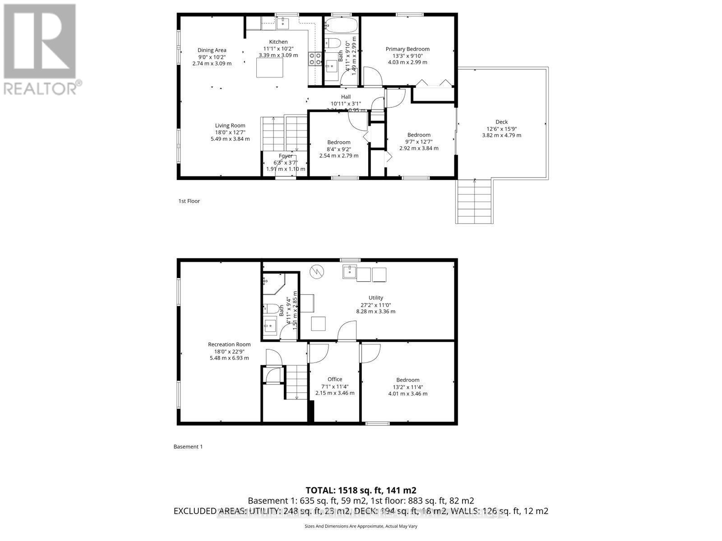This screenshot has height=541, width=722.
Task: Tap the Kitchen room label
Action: pyautogui.click(x=278, y=42)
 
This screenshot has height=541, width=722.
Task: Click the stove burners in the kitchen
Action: pyautogui.click(x=315, y=59)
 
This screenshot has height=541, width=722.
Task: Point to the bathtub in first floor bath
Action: pyautogui.click(x=341, y=27)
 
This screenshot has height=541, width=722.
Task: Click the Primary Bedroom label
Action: pyautogui.click(x=407, y=49)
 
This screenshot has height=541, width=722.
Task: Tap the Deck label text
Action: pyautogui.click(x=501, y=122)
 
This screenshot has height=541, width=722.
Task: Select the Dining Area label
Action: pyautogui.click(x=212, y=50)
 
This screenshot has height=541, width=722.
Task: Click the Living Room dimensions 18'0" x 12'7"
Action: pyautogui.click(x=230, y=132)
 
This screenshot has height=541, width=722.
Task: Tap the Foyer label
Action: pyautogui.click(x=285, y=156)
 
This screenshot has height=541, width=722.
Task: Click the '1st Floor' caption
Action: pyautogui.click(x=189, y=201)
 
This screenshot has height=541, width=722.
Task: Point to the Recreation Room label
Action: pyautogui.click(x=229, y=344)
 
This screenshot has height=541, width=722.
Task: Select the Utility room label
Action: pyautogui.click(x=375, y=298)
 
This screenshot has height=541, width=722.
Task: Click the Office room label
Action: pyautogui.click(x=334, y=379)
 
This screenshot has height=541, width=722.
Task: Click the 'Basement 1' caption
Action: pyautogui.click(x=188, y=447)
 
